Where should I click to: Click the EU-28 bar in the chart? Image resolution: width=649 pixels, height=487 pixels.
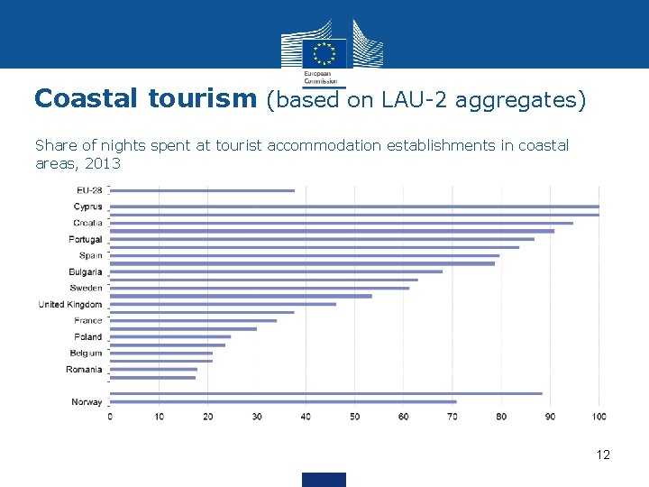[202, 190]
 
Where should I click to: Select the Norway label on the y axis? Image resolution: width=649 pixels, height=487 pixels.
[87, 402]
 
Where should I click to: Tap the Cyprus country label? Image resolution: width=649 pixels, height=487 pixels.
[87, 207]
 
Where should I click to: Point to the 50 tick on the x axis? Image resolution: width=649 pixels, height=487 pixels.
[354, 417]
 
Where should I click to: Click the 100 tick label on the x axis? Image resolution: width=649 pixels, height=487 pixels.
[599, 417]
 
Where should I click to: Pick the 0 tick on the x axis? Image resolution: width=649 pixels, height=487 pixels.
[110, 417]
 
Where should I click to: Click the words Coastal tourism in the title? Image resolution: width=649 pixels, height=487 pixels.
[145, 99]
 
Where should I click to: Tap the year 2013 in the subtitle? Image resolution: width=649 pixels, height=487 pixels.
[105, 165]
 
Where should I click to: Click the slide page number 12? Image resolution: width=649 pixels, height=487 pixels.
[603, 455]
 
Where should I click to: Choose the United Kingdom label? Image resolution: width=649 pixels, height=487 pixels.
[70, 305]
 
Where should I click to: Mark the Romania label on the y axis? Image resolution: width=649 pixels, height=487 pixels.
[84, 370]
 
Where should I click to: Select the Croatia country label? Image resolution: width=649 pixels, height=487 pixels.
[88, 223]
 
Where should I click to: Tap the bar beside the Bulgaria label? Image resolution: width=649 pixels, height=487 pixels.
[276, 271]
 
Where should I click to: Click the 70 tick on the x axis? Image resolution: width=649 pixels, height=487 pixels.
[452, 417]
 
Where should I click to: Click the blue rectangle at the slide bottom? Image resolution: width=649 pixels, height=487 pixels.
[324, 479]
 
